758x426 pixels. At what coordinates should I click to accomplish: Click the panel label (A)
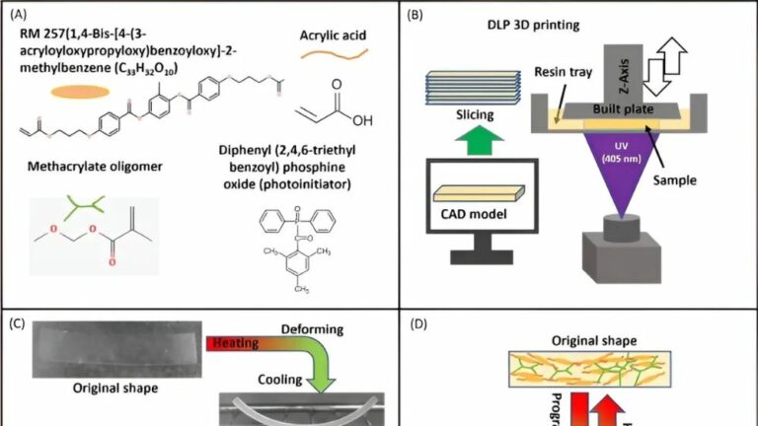click(19, 15)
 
